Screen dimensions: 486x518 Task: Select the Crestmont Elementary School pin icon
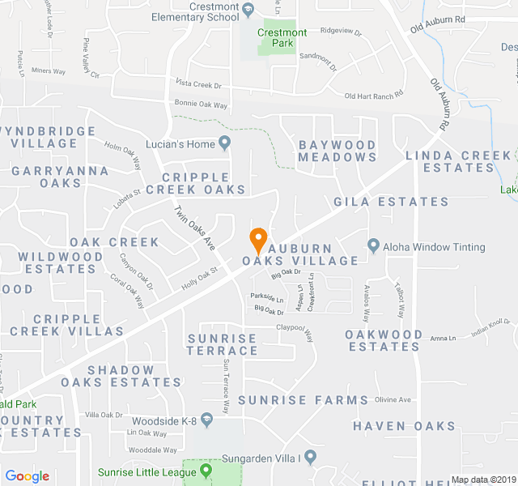coord(248,10)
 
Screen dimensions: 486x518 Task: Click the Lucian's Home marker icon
coord(225,144)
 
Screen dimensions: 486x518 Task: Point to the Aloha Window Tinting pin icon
coord(373,245)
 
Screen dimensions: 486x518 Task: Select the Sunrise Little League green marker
coord(206,470)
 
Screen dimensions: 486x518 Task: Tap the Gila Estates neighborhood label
coord(391,202)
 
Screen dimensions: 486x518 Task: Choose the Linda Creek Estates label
coord(458,161)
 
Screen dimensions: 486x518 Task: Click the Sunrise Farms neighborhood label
coord(303,400)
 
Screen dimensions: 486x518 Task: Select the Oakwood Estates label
coord(384,340)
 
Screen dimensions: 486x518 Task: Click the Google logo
coord(27,476)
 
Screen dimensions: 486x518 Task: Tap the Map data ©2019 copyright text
coord(482,480)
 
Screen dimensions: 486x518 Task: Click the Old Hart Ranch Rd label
coord(373,96)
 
